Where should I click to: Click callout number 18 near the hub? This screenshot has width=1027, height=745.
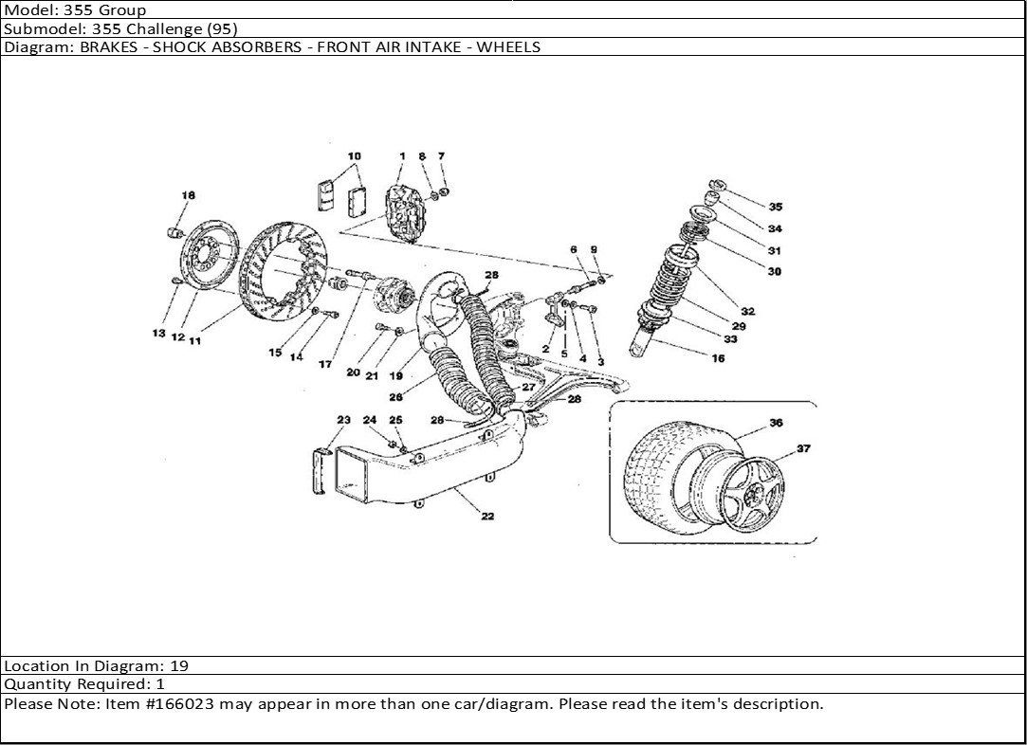[188, 195]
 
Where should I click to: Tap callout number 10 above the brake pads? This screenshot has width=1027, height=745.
[354, 155]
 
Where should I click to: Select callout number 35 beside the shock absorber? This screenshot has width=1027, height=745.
[776, 207]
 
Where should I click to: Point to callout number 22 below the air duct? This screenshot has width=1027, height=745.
[487, 517]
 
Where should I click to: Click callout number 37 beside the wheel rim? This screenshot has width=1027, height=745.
[803, 449]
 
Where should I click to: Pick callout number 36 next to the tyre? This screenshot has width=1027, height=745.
[776, 424]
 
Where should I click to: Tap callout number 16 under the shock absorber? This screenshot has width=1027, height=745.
[718, 358]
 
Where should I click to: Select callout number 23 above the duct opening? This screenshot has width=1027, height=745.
[343, 420]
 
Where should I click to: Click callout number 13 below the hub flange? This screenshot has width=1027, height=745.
[159, 334]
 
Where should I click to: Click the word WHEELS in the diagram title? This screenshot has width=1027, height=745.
[508, 46]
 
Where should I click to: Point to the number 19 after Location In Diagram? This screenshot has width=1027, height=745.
[179, 666]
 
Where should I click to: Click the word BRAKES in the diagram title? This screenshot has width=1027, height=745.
[103, 46]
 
